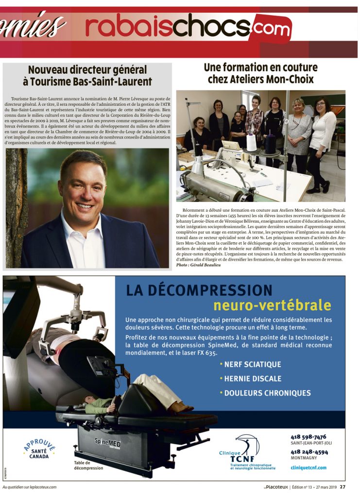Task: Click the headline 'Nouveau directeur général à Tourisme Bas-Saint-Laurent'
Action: [x=87, y=76]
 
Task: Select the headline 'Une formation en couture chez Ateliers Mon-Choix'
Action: [x=260, y=73]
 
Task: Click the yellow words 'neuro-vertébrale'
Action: [x=272, y=305]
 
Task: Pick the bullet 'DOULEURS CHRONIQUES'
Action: [x=265, y=393]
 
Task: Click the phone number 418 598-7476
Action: [x=309, y=437]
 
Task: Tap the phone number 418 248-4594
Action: [x=309, y=452]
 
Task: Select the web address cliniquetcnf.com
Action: [x=309, y=467]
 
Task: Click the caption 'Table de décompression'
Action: [x=89, y=465]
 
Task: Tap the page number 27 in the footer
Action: [x=343, y=487]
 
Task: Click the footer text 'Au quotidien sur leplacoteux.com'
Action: [x=30, y=487]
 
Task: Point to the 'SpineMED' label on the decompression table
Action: [x=107, y=443]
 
